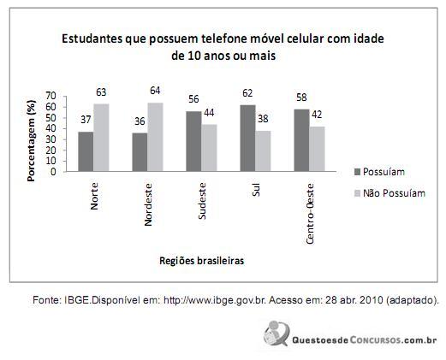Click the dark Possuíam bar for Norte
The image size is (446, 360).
[86, 151]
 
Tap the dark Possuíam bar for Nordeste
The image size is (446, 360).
[140, 152]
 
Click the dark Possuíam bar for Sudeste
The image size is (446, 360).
[194, 141]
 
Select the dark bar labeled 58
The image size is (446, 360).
[302, 140]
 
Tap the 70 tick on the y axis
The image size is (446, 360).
[51, 96]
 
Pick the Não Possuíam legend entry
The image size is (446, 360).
[394, 193]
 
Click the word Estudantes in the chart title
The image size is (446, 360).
[88, 39]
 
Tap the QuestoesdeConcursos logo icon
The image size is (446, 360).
[277, 332]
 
